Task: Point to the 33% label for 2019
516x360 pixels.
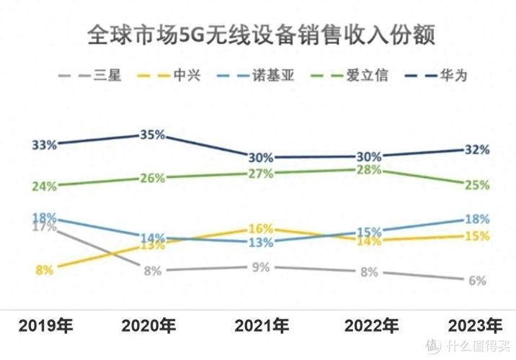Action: point(45,145)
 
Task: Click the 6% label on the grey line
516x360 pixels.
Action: point(477,281)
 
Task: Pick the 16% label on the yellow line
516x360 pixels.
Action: point(260,228)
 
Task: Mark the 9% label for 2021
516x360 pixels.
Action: point(260,267)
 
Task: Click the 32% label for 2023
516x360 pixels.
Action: point(477,150)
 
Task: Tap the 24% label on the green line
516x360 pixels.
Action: point(45,186)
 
